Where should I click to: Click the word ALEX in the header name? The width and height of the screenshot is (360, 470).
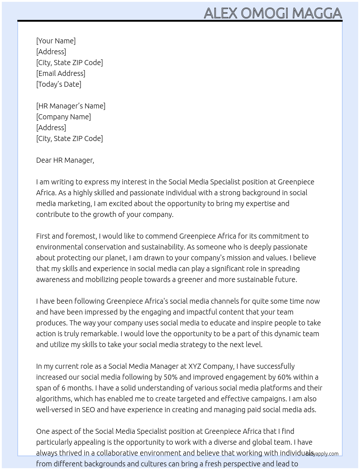click(220, 13)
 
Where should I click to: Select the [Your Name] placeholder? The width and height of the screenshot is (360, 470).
click(56, 41)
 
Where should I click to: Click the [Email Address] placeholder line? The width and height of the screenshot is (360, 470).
click(61, 73)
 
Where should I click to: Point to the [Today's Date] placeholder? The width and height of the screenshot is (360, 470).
click(59, 84)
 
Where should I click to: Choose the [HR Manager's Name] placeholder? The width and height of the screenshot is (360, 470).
click(71, 106)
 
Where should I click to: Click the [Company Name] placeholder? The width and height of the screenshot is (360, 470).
click(64, 117)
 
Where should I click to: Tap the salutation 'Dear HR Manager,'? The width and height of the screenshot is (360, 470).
click(65, 160)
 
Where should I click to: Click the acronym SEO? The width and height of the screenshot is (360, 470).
click(88, 410)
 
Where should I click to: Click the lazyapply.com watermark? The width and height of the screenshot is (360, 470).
click(322, 454)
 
